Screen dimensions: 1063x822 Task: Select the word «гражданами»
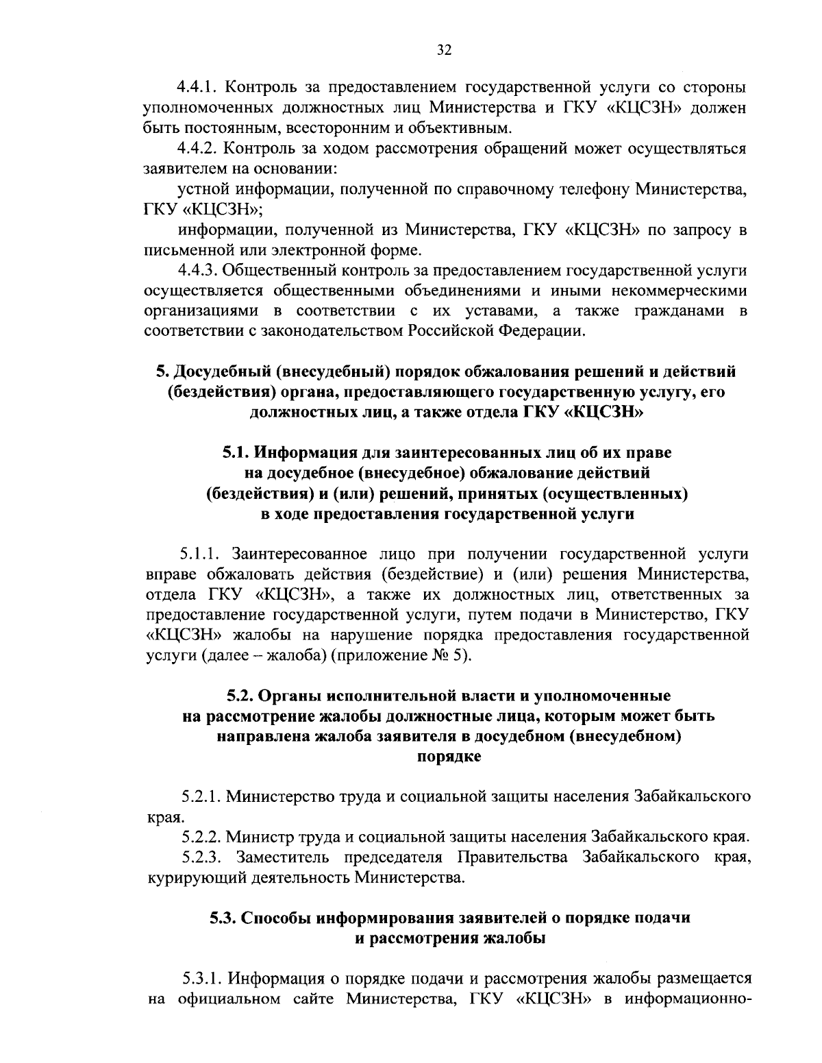pyautogui.click(x=678, y=310)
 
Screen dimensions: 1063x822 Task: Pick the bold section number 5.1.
pyautogui.click(x=236, y=452)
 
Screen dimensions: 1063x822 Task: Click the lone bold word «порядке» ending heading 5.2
pyautogui.click(x=449, y=757)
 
